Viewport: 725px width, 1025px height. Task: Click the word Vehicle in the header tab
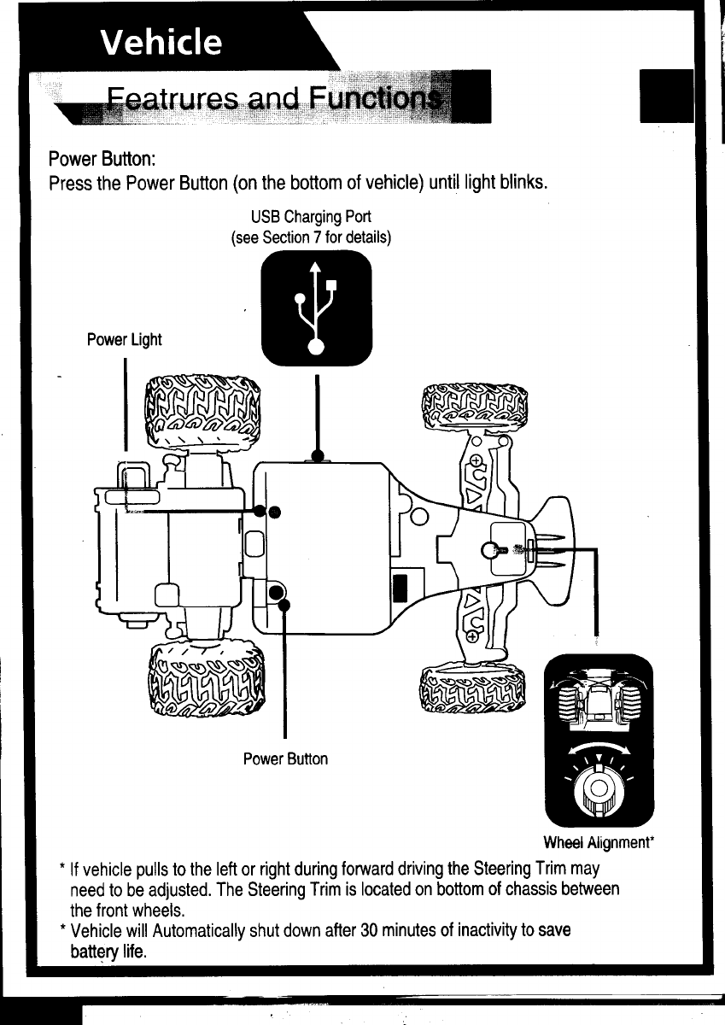[161, 42]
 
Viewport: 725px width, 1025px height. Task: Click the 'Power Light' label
[125, 340]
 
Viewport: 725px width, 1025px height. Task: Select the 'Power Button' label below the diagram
[285, 758]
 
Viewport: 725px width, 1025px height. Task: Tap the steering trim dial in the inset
[599, 787]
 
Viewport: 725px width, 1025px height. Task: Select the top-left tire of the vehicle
[203, 413]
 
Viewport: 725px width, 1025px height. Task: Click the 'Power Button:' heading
[102, 159]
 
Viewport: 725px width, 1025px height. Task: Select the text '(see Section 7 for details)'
[311, 237]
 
